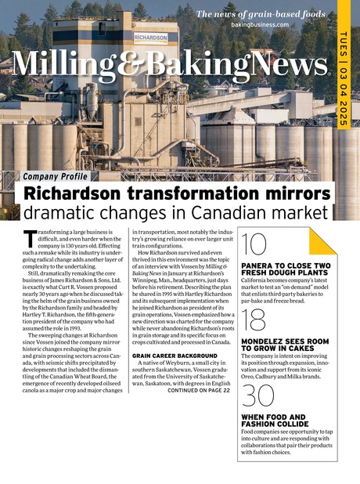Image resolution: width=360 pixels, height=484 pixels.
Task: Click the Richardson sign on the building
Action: [150, 36]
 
